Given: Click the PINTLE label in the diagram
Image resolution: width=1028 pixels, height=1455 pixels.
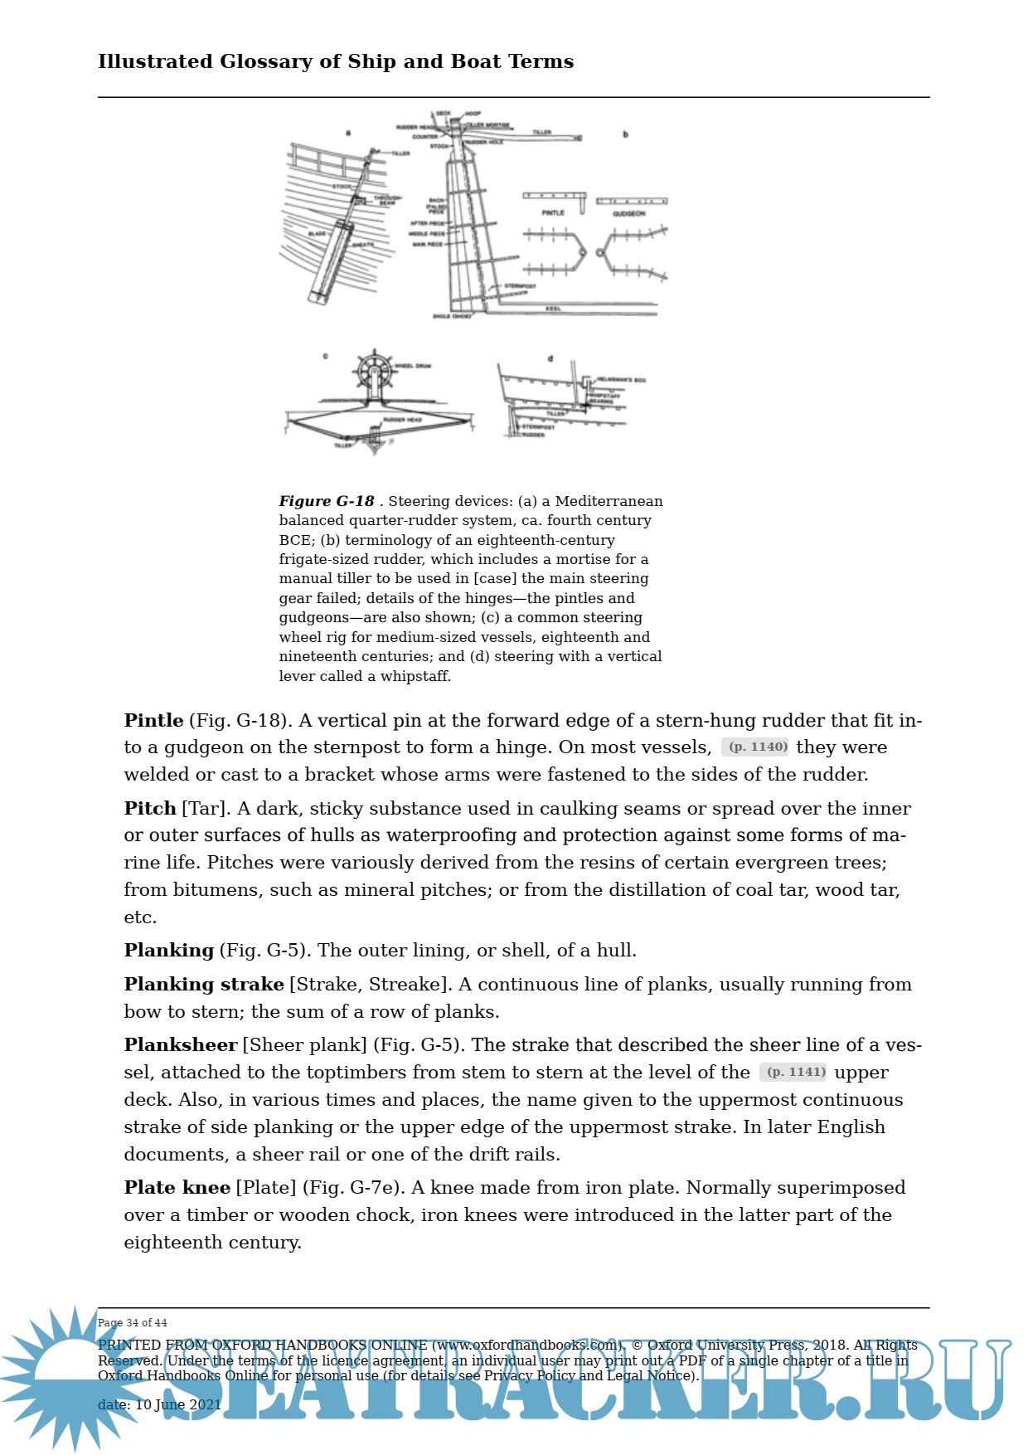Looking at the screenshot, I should pos(553,213).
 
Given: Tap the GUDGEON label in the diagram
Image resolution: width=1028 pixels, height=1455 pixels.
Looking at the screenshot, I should pos(629,214).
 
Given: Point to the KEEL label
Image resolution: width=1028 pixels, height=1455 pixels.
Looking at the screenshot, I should pos(553,309).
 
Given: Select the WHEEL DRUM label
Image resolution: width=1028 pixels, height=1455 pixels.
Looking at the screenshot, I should pos(412,366).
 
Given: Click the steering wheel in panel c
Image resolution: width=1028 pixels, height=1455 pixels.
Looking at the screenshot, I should pos(375,370).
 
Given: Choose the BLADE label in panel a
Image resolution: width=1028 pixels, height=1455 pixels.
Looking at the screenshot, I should pos(318,234).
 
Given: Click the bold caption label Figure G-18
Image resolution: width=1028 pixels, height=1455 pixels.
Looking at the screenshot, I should pos(327,501).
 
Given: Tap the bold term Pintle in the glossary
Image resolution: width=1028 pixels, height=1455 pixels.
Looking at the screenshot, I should pos(153,720).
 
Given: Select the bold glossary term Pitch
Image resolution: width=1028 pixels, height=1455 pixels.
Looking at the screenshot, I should pos(150,808).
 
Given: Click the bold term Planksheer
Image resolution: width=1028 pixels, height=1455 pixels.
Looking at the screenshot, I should pos(181,1044).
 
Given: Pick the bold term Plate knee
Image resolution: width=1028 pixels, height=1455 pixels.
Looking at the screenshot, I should pos(177,1187).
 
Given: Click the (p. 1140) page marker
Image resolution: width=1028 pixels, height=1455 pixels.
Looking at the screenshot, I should pos(755,747).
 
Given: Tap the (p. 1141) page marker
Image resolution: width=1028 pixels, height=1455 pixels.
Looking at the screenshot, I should pos(793,1072).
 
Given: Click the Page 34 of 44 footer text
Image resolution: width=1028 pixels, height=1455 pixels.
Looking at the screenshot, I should pos(133,1322).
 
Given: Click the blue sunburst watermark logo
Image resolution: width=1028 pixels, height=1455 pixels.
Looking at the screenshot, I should pos(70,1377).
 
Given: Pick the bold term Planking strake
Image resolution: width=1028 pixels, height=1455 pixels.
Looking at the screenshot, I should pos(204,984).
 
